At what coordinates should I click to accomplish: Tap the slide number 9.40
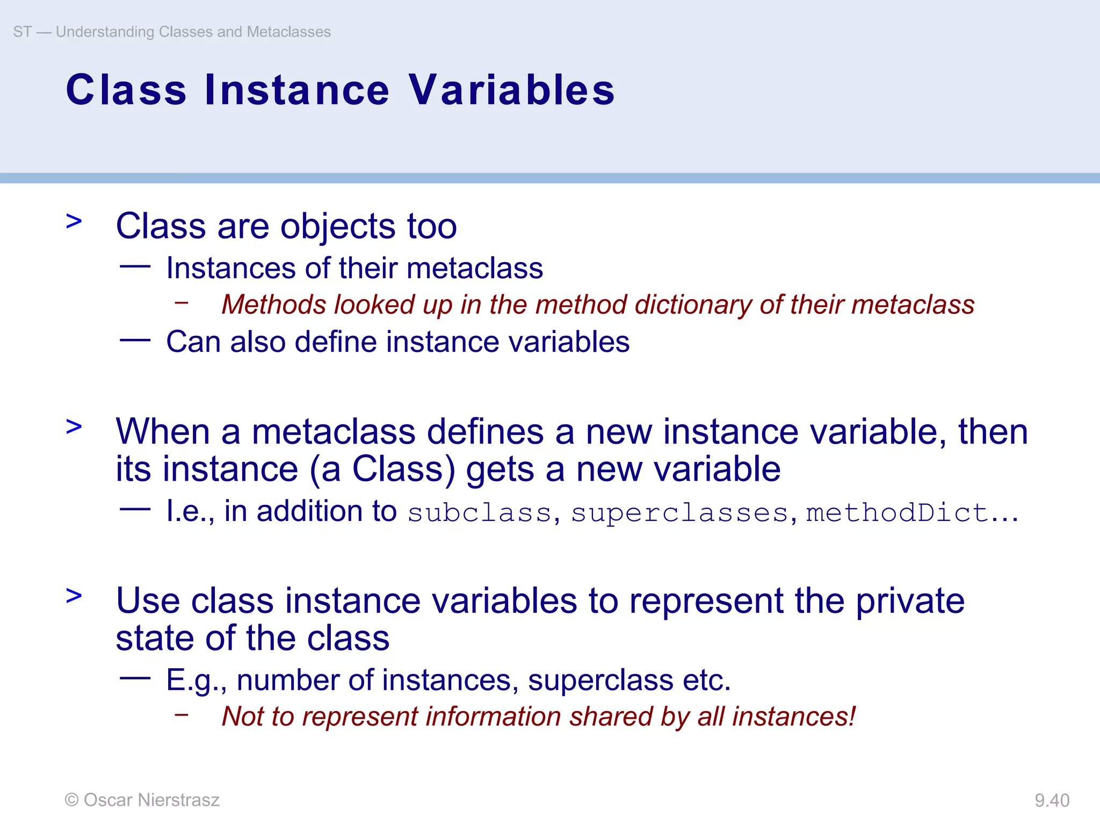click(x=1052, y=800)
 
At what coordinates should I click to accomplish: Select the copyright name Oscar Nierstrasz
click(x=151, y=800)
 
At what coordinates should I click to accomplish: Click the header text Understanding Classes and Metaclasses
click(x=193, y=32)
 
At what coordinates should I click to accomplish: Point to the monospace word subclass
click(x=479, y=512)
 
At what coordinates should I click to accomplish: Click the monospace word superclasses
click(x=679, y=512)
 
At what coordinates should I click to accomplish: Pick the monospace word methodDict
click(x=897, y=512)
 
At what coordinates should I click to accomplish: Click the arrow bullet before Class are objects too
click(x=74, y=221)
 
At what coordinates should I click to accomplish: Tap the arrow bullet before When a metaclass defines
click(x=74, y=426)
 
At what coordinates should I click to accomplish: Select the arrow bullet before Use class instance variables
click(x=74, y=595)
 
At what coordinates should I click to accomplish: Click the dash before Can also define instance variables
click(x=135, y=340)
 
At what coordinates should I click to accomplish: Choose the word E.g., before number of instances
click(x=197, y=680)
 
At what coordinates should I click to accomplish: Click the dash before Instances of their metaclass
click(x=135, y=266)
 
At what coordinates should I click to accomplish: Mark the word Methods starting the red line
click(x=274, y=305)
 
